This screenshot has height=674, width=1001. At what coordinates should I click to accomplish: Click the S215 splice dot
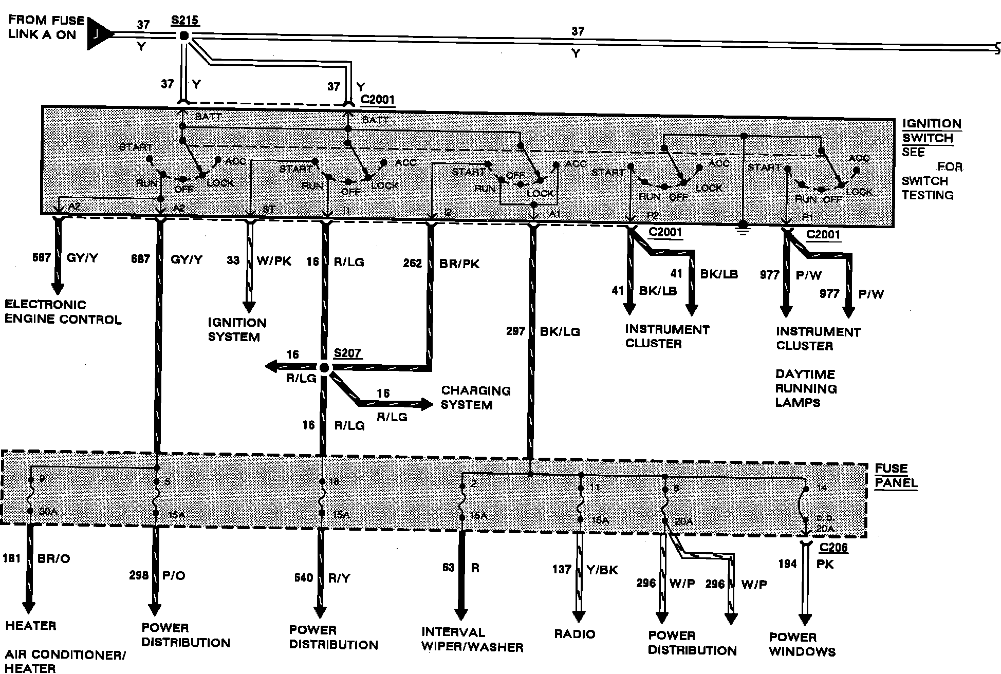tap(183, 36)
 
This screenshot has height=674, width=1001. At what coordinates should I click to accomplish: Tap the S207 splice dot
tap(324, 367)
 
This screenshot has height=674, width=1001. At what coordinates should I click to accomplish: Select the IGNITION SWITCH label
tap(931, 131)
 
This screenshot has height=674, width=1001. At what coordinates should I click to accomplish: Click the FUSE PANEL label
tap(896, 475)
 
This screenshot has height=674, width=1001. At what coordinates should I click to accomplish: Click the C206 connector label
tap(833, 548)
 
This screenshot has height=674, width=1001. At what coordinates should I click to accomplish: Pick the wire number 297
tap(515, 331)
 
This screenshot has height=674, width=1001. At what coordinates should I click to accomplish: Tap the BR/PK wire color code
tap(459, 264)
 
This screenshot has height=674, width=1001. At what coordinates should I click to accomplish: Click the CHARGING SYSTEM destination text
tap(476, 398)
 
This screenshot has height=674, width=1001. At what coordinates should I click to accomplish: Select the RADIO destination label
tap(574, 634)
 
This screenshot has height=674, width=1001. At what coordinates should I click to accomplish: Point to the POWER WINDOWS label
tap(802, 644)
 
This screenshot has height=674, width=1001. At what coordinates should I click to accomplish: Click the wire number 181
tap(11, 558)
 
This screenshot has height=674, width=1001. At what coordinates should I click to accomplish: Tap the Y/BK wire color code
tap(602, 569)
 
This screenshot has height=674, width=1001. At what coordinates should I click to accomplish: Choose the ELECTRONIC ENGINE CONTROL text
tap(63, 312)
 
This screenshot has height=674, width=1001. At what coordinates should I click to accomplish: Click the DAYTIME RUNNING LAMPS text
tap(806, 388)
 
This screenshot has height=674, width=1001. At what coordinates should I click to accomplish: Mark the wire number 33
tap(233, 260)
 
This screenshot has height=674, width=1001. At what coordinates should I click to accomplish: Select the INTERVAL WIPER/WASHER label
tap(472, 640)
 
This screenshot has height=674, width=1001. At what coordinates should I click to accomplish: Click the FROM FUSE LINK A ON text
tap(46, 28)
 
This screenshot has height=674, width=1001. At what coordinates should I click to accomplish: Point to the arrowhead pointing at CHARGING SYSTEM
tap(426, 404)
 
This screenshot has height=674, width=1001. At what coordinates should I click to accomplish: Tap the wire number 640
tap(304, 578)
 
